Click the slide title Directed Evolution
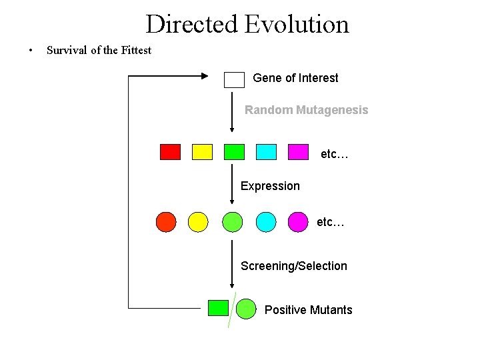247,25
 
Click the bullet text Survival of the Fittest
99,50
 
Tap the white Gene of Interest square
235,79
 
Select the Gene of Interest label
295,78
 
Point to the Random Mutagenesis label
306,110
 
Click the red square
170,152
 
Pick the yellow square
202,152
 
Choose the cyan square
266,152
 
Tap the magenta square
298,152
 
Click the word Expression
270,186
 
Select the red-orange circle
166,221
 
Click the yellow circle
198,221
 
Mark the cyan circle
266,221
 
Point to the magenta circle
298,221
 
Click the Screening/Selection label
293,266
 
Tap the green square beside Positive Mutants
218,307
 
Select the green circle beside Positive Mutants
246,308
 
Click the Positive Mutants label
308,310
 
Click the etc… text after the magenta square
335,155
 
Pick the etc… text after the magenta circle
331,222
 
